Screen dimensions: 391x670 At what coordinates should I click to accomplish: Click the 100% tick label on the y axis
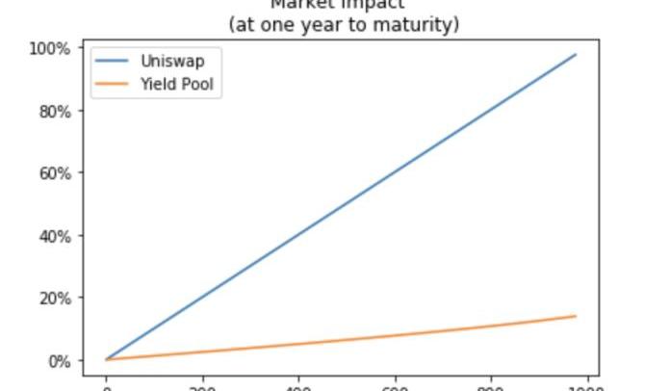click(x=50, y=48)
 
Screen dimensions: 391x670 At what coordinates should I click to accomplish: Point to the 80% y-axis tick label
click(x=54, y=111)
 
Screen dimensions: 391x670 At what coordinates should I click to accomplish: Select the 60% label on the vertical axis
click(x=54, y=173)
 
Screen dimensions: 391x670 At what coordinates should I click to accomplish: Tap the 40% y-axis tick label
click(x=54, y=236)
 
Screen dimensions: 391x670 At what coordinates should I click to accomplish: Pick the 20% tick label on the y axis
click(x=54, y=299)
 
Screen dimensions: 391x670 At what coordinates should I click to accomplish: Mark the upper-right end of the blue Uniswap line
click(x=576, y=55)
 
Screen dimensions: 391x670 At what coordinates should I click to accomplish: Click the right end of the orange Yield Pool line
click(x=576, y=316)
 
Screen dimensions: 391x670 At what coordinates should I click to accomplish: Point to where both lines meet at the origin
click(x=107, y=359)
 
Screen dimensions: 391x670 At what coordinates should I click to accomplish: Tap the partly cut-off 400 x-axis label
click(x=299, y=387)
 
